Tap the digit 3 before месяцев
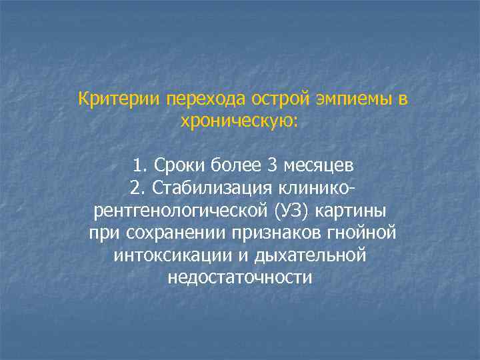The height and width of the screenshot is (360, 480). point(269,164)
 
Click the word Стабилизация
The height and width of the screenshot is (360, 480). point(215,187)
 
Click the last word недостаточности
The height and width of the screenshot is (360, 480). point(240,278)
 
